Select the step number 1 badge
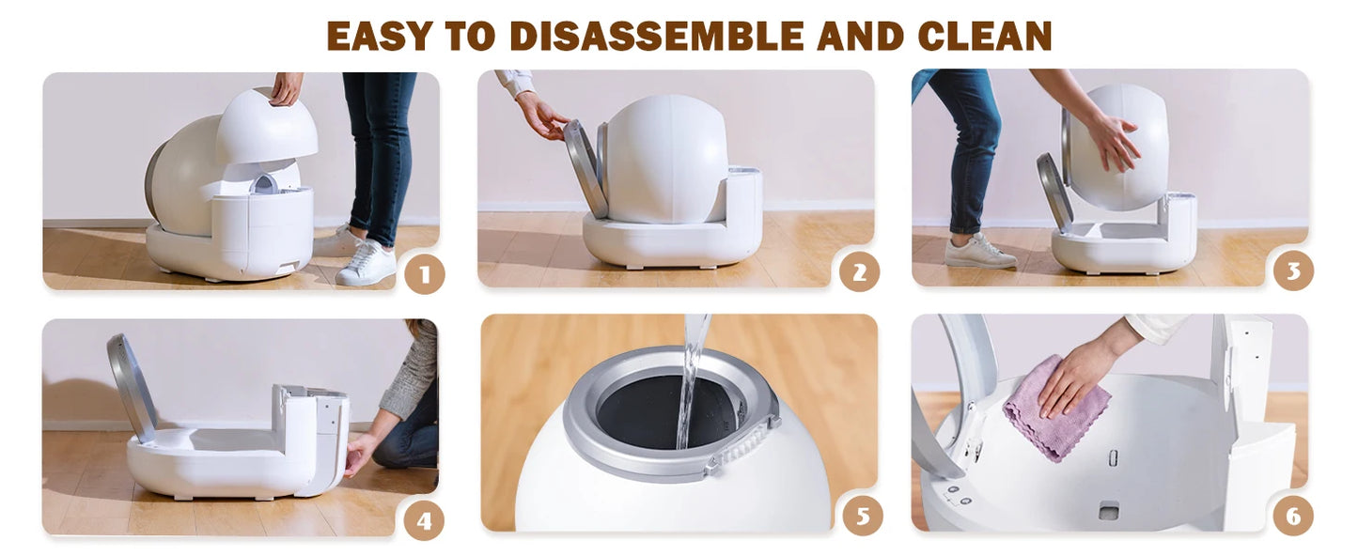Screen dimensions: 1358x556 [425, 274]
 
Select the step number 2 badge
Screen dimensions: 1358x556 [860, 272]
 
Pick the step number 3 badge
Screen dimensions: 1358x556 [1294, 270]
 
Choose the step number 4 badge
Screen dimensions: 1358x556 [424, 520]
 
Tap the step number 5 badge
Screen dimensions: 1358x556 [863, 516]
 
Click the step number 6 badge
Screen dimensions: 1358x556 [1293, 516]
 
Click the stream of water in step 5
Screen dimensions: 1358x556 [692, 381]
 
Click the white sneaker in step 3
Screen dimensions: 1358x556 [978, 252]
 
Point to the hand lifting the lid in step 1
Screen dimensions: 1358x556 [286, 89]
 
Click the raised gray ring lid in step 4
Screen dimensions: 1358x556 [132, 388]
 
